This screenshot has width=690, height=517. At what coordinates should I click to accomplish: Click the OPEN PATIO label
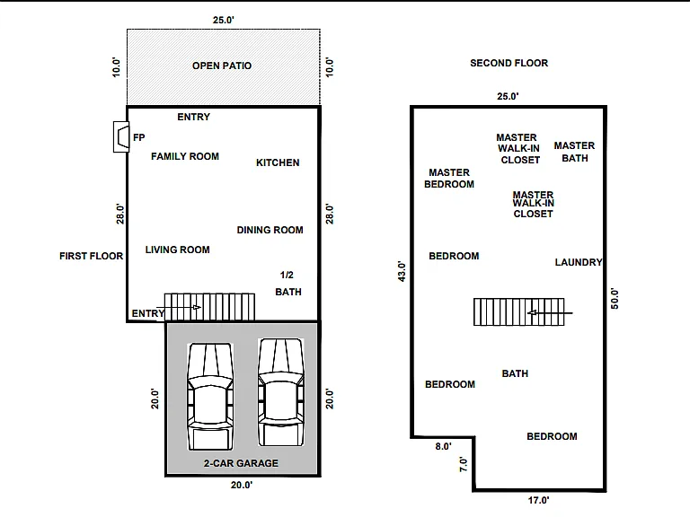coord(222,66)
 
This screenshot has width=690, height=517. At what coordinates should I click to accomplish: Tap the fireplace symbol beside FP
coord(121,136)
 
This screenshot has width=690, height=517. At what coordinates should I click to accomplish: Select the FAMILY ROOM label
coord(185,156)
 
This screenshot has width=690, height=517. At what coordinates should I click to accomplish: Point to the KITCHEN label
coord(278,162)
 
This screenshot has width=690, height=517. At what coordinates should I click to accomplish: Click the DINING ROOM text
coord(270,230)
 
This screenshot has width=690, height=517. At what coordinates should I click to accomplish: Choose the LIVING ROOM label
coord(177,250)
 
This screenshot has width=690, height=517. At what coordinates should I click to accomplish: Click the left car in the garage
coord(210,397)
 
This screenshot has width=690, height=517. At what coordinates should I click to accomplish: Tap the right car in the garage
coord(280,392)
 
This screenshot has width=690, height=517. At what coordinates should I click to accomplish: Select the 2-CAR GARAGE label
coord(241,463)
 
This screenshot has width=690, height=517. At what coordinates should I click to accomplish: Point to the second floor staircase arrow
coord(550,313)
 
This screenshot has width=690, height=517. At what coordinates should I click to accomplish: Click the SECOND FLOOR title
coord(509,64)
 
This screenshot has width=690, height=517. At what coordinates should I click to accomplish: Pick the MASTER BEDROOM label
coord(449,179)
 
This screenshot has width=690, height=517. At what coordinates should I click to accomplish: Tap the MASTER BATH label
coord(574,152)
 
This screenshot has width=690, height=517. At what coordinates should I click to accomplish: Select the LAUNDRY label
coord(579,262)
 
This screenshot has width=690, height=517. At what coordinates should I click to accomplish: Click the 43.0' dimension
coord(402,271)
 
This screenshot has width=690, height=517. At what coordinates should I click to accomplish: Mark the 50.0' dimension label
coord(615,299)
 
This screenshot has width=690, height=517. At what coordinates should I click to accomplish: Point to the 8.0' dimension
coord(444,447)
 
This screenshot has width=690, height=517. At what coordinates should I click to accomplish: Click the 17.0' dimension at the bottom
coord(539,500)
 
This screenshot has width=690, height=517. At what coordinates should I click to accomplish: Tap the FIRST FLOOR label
coord(91,257)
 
